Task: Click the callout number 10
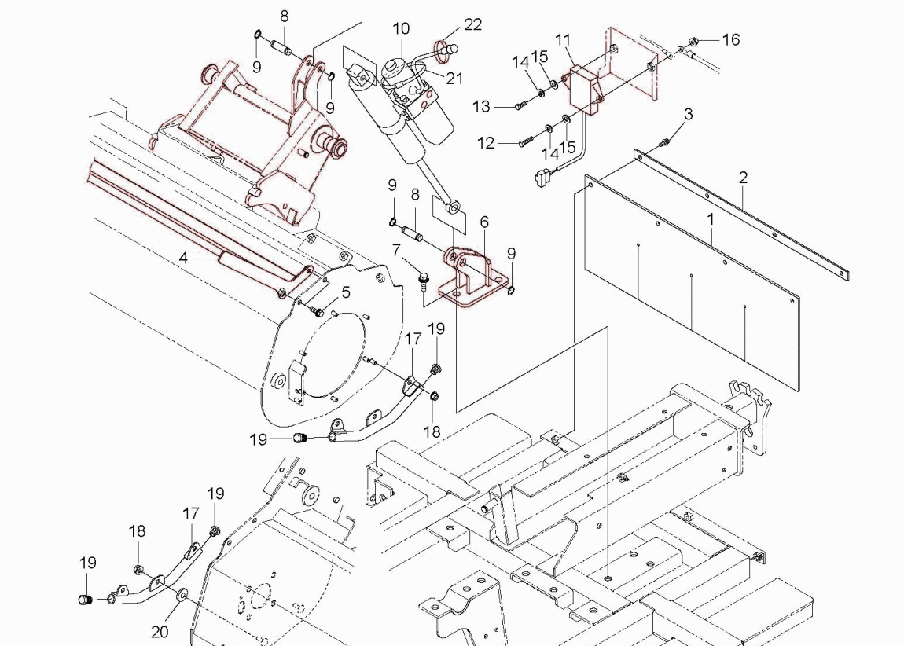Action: pyautogui.click(x=401, y=29)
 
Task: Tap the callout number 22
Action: pyautogui.click(x=472, y=24)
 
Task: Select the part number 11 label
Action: pyautogui.click(x=563, y=39)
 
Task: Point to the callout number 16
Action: pyautogui.click(x=731, y=39)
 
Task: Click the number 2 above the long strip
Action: pyautogui.click(x=743, y=177)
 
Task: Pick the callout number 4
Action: pyautogui.click(x=183, y=257)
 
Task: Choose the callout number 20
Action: pyautogui.click(x=160, y=631)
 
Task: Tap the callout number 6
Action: pyautogui.click(x=484, y=222)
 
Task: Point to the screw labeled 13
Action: pyautogui.click(x=520, y=106)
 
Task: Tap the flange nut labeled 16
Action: pyautogui.click(x=693, y=39)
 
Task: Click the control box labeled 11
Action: pyautogui.click(x=583, y=85)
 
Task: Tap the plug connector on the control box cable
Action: pyautogui.click(x=542, y=178)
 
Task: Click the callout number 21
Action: pyautogui.click(x=454, y=79)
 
